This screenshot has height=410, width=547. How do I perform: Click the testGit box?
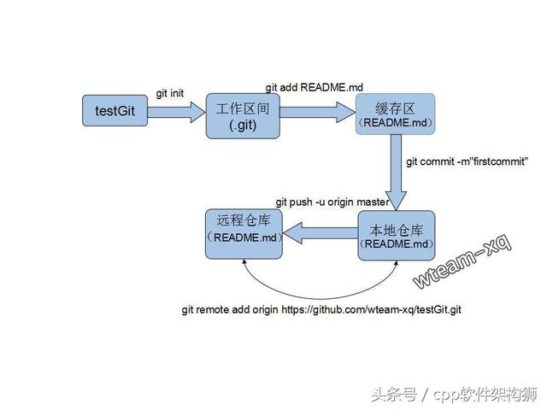tap(115, 110)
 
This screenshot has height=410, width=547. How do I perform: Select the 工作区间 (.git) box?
tap(243, 116)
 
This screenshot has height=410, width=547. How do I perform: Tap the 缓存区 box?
tap(395, 114)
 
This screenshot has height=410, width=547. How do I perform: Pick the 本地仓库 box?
tap(397, 236)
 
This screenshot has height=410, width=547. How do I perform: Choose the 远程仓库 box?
tap(244, 234)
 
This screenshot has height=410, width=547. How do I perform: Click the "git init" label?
tap(170, 93)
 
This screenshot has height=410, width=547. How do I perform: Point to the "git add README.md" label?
tap(315, 87)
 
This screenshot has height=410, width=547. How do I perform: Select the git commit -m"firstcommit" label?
tap(468, 161)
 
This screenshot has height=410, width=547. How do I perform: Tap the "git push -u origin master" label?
tap(332, 202)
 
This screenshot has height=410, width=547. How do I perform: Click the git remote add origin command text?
tap(321, 309)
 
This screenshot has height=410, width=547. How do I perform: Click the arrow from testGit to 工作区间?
tap(177, 112)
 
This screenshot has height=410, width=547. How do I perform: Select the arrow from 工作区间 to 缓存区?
tap(318, 112)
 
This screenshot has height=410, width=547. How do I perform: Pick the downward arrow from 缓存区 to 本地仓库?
tap(396, 173)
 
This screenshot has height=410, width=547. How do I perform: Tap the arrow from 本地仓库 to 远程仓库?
tap(321, 233)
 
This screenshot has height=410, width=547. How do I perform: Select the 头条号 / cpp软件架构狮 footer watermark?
tap(455, 395)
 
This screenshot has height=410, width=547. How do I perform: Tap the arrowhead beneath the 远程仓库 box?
tap(244, 261)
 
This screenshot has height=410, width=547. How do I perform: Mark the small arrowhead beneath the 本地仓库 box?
tap(396, 262)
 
